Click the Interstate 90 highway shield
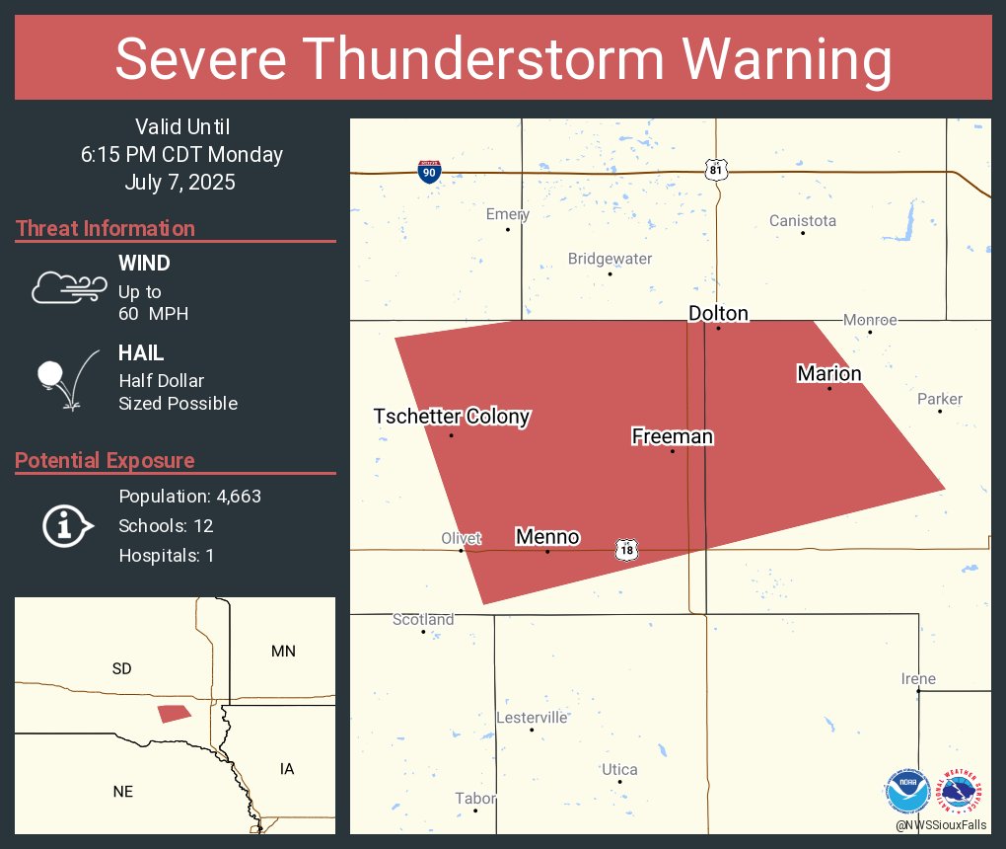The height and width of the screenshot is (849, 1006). (x=429, y=172)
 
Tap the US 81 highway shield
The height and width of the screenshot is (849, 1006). (x=717, y=170)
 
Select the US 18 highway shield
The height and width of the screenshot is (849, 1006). (x=625, y=549)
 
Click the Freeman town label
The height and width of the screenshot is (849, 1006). (x=672, y=436)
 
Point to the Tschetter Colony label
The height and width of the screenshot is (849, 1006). (x=452, y=417)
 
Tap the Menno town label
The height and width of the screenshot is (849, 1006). (x=547, y=537)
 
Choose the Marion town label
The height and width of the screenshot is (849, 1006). (x=828, y=373)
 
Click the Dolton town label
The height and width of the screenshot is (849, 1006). (x=718, y=314)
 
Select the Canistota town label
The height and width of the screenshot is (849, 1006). (x=802, y=220)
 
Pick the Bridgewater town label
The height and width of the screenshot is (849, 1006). (x=610, y=259)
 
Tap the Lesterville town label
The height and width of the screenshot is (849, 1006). (x=532, y=717)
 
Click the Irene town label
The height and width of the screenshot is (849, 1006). (x=917, y=679)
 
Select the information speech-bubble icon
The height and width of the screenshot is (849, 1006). (x=67, y=525)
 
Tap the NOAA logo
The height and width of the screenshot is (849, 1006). (x=906, y=791)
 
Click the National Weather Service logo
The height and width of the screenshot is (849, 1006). (x=962, y=791)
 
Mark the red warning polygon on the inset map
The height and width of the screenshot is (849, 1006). (x=175, y=713)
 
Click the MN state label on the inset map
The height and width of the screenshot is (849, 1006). (x=283, y=651)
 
